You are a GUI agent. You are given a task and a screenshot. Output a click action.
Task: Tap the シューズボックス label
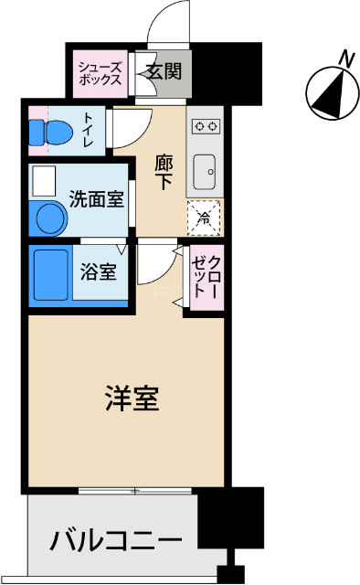99,72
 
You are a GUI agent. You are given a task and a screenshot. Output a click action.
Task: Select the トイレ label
89,129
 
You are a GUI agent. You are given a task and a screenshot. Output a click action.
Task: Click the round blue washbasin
49,219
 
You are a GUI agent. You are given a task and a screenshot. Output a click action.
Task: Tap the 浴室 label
97,271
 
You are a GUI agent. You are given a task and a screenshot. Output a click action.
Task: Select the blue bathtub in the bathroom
49,271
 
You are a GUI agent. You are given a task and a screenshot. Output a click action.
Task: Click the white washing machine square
43,182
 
